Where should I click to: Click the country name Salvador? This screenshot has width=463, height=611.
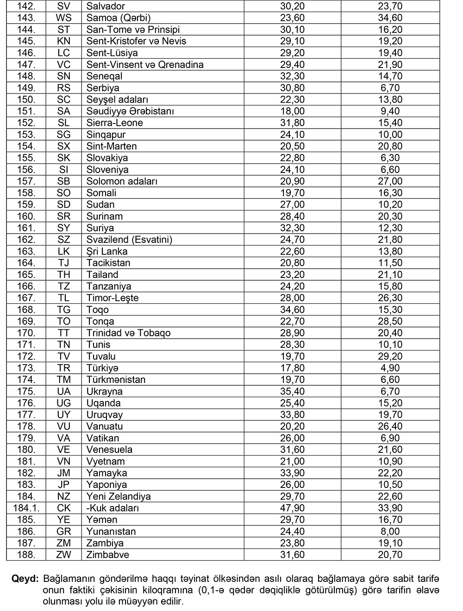click(106, 6)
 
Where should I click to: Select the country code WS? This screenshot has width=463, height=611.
click(63, 18)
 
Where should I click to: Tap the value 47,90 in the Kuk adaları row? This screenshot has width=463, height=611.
click(292, 508)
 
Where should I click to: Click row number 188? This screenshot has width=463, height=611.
click(26, 555)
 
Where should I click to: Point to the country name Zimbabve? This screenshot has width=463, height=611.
click(107, 555)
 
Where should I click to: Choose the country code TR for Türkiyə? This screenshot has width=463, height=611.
click(63, 368)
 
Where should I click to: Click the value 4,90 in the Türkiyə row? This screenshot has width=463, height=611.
click(390, 368)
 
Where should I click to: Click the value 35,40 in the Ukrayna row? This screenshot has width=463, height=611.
click(292, 391)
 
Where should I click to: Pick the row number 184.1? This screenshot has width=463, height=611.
click(26, 508)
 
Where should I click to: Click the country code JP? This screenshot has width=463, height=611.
click(63, 485)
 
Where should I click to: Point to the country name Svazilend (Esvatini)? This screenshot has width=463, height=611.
click(129, 240)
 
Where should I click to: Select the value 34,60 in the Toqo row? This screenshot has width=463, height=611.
click(292, 310)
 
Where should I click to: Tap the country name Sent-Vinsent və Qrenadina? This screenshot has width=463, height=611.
click(145, 65)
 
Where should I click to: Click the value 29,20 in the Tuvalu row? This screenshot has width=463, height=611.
click(390, 356)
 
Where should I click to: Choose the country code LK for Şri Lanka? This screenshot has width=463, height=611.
click(63, 251)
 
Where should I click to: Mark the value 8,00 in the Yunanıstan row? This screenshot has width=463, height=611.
click(390, 531)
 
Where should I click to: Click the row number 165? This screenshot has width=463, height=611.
click(26, 275)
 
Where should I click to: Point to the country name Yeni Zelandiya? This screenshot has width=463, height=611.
click(119, 496)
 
